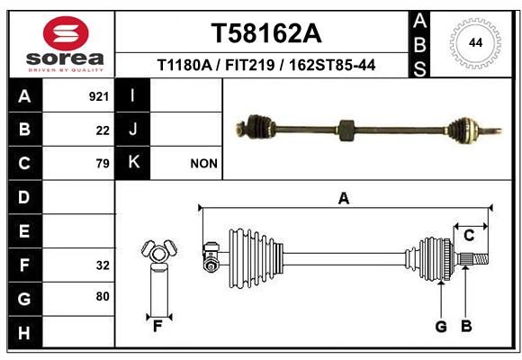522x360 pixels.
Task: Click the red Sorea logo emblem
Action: click(66, 33)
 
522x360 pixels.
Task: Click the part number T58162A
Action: click(266, 33)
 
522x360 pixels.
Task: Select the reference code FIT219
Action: click(250, 65)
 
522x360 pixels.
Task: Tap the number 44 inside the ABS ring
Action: click(475, 43)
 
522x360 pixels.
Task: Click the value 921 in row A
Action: click(99, 96)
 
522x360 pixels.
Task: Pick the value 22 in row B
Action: click(103, 130)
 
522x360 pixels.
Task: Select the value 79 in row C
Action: click(103, 164)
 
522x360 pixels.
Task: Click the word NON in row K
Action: click(203, 164)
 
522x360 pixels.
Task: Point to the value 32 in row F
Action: click(103, 265)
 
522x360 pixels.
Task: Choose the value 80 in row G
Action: click(103, 296)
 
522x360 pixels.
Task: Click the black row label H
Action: click(25, 333)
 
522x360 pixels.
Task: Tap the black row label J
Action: click(132, 130)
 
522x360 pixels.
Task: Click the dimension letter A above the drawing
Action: click(344, 199)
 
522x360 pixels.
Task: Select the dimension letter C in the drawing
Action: click(469, 236)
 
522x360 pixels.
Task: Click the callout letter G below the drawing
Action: click(441, 327)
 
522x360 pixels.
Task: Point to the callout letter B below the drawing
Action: click(466, 327)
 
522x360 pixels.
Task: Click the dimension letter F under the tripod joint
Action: click(157, 327)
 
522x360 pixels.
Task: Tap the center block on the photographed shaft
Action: click(346, 130)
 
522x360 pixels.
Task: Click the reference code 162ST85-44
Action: click(332, 65)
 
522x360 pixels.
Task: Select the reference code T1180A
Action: click(184, 65)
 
